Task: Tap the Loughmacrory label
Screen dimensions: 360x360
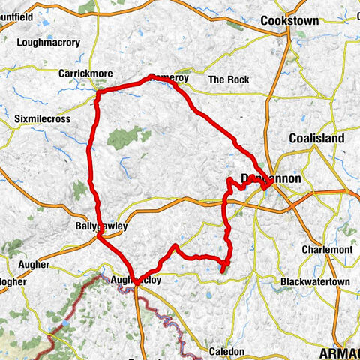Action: [x=47, y=43]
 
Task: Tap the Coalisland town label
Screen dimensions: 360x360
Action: [x=316, y=139]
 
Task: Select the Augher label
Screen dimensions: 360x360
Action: [x=31, y=265]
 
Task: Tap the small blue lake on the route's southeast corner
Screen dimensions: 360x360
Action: [x=223, y=264]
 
